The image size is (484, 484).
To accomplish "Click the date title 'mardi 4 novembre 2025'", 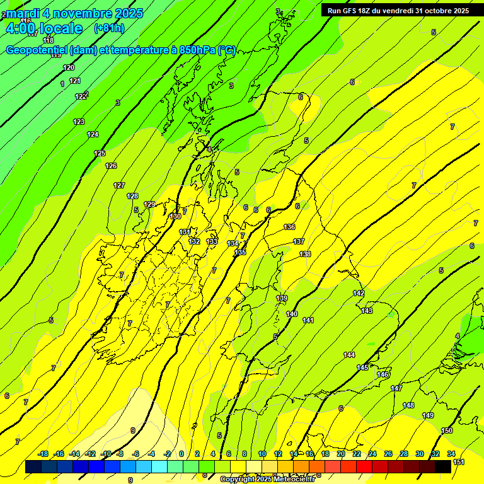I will tap(74, 13).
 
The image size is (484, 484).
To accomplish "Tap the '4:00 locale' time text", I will tap(43, 28).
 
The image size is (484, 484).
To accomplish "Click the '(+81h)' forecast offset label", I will tap(109, 28).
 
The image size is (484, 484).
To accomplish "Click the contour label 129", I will tap(149, 204).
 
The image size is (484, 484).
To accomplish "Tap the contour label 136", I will tap(289, 227).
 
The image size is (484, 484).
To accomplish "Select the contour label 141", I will tap(308, 321).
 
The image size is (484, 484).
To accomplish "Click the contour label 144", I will tap(349, 355).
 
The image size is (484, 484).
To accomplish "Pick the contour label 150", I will tap(447, 430).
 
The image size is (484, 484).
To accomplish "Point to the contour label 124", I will tap(93, 134).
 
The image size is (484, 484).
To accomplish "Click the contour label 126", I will tap(111, 166).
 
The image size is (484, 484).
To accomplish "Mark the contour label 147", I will tap(396, 388).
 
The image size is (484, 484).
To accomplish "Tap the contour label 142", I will tap(359, 293).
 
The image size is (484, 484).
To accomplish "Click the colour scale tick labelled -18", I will tap(43, 454).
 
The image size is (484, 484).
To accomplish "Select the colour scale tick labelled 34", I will tap(451, 454).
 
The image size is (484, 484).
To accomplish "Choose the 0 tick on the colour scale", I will tap(181, 454).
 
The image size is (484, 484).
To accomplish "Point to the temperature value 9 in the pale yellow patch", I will tap(132, 431).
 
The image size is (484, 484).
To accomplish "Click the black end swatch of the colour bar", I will tap(443, 466).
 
